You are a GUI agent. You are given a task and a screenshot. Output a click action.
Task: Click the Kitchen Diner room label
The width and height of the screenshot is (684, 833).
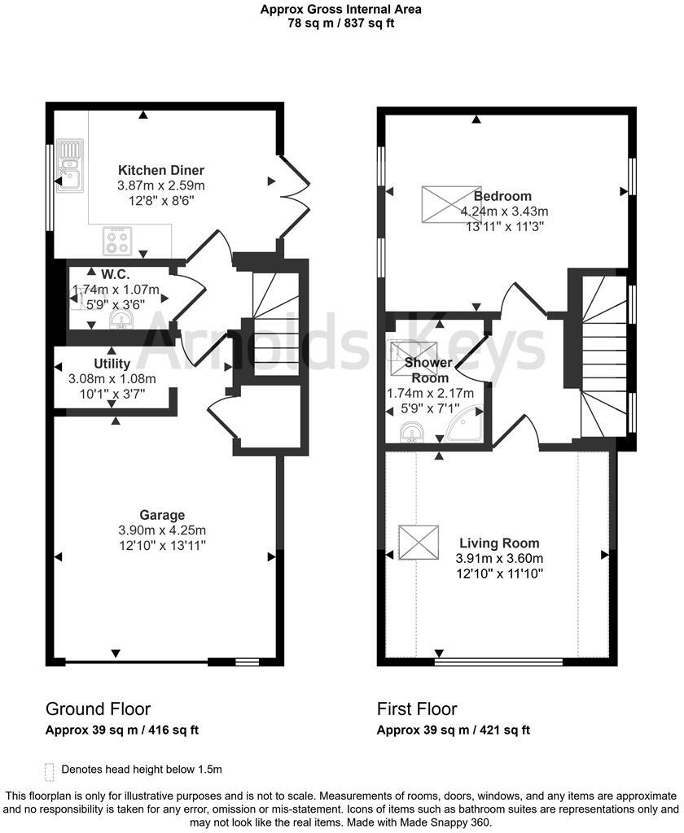(161, 170)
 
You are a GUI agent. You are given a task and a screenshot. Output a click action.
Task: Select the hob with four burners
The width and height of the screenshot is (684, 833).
(116, 241)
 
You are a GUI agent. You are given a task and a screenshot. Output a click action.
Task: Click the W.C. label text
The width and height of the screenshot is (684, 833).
(116, 274)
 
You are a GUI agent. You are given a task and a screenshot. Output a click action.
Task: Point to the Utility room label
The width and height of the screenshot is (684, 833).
(112, 364)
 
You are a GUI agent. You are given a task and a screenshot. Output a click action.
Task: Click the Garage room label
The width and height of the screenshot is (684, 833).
(162, 515)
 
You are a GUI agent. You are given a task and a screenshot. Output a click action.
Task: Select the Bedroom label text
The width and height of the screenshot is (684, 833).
(502, 196)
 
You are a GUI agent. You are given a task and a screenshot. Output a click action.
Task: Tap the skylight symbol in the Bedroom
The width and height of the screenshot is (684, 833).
(444, 204)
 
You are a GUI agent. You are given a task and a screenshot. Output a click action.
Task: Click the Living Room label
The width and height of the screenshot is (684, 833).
(499, 543)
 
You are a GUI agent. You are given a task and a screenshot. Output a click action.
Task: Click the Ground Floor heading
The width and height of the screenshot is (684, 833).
(98, 709)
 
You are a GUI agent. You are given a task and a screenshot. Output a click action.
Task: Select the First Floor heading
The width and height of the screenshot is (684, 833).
(417, 709)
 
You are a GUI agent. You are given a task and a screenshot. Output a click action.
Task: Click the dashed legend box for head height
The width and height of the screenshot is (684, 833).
(50, 770)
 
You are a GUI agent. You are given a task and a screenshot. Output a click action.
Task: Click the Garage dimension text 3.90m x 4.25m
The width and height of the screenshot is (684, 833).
(162, 530)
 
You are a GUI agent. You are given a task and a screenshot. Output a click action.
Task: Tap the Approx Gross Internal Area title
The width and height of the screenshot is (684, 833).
(341, 10)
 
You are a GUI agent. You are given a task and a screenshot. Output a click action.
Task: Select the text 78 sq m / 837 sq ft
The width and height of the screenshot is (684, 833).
(341, 23)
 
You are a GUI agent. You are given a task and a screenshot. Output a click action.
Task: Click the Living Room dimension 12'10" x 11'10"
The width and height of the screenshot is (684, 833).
(499, 573)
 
